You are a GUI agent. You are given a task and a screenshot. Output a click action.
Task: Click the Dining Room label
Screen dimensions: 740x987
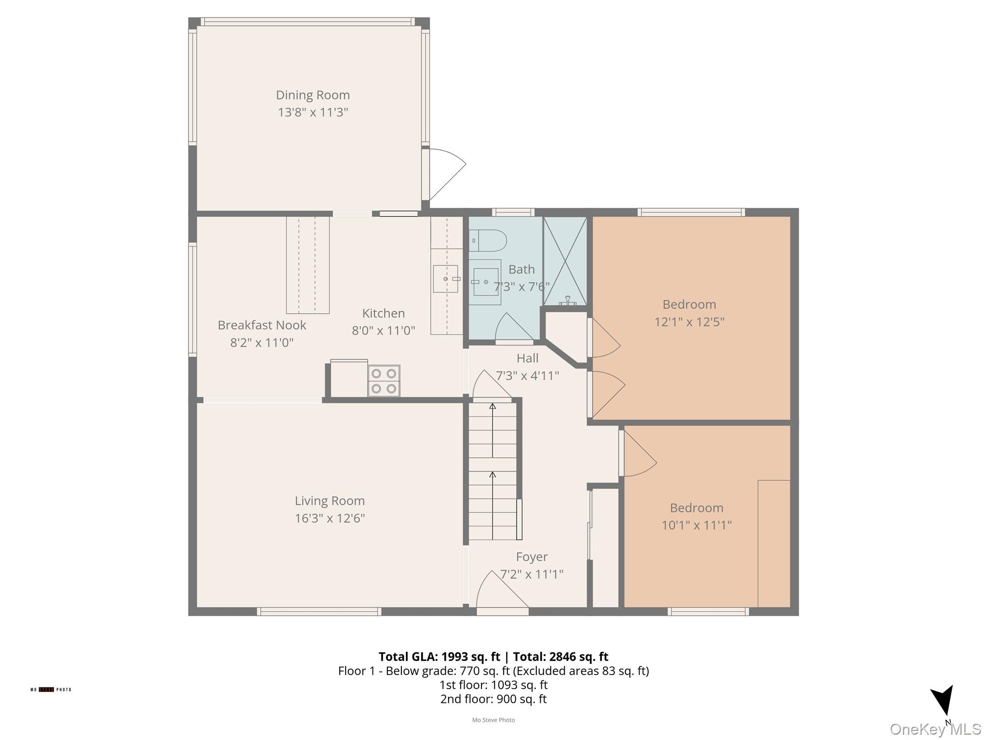[312, 95]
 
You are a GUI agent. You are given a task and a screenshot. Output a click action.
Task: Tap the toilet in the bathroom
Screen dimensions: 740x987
[488, 240]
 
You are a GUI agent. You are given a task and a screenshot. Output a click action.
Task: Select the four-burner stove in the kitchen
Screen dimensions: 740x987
[384, 381]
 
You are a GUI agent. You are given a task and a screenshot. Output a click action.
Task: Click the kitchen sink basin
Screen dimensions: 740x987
[445, 279]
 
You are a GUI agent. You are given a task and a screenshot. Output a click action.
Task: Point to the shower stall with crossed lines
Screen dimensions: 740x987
[565, 261]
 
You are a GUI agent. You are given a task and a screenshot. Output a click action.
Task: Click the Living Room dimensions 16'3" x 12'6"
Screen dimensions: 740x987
[330, 518]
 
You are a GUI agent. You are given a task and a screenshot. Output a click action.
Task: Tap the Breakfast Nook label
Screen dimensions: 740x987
[262, 325]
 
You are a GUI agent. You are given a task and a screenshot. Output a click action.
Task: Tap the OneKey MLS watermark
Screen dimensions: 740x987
[935, 729]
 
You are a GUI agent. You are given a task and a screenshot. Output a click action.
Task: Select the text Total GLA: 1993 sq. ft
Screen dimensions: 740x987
[439, 657]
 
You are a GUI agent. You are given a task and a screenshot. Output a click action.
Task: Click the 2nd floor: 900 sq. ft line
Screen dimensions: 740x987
[493, 699]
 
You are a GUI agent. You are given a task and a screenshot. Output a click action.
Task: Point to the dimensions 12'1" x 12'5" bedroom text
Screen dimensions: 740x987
[689, 322]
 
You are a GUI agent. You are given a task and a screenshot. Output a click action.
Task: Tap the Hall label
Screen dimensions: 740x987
[527, 358]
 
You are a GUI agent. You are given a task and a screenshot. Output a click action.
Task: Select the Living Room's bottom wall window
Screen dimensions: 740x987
[319, 611]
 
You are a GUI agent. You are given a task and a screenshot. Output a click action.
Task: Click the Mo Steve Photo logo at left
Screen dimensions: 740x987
[51, 689]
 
